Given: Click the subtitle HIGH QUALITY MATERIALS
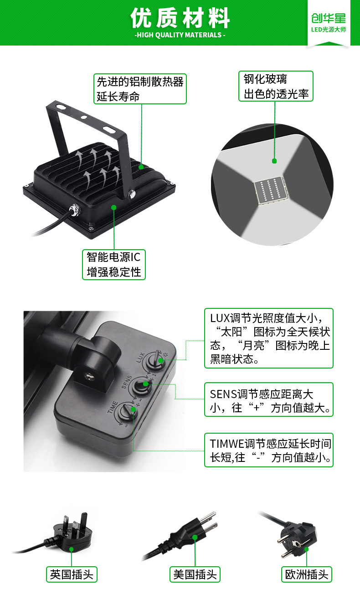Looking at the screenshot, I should point(180,35).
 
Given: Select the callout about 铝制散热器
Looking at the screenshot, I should point(140,89).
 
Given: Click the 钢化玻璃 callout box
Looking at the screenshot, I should point(276,87).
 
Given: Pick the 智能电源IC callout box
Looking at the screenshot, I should point(114,264).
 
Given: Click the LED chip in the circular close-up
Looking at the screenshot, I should point(271,189).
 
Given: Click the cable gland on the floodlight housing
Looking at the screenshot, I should point(73,210).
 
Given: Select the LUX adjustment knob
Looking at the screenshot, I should point(159,360).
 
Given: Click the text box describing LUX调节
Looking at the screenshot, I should point(269,338).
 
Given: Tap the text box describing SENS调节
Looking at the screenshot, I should point(269,399).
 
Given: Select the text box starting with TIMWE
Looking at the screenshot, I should point(269,450).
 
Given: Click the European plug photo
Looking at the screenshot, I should point(296,535).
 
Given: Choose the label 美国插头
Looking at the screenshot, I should point(195,574).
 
